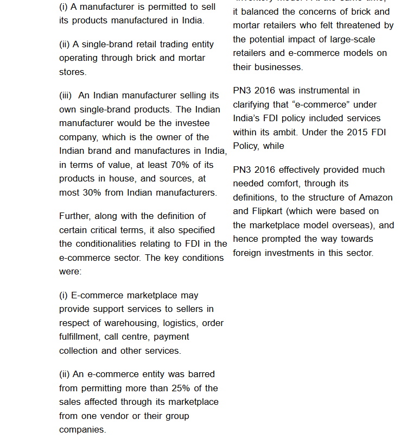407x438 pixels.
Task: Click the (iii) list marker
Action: click(65, 96)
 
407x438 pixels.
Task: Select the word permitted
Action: click(161, 7)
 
